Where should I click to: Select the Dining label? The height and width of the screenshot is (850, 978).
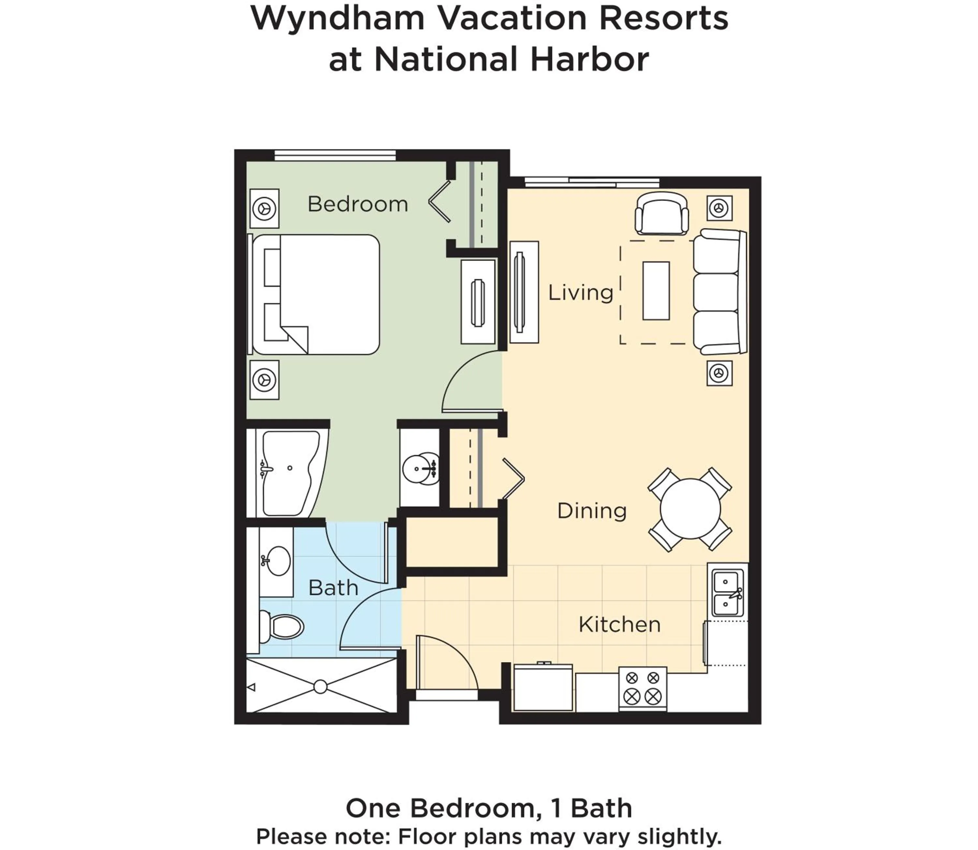tap(591, 511)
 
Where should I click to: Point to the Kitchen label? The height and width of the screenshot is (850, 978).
tap(619, 625)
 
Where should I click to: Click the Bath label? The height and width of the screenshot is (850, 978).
tap(333, 588)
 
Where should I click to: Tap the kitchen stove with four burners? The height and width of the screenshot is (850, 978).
tap(643, 689)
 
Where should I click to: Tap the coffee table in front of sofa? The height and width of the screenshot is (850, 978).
tap(656, 291)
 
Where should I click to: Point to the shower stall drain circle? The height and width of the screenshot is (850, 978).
tap(320, 686)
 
